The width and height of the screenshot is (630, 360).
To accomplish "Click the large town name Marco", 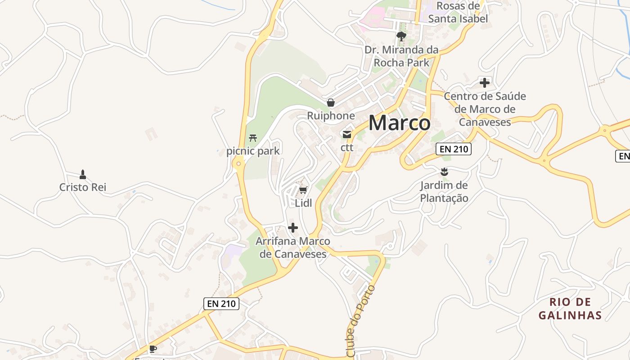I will pos(399,123).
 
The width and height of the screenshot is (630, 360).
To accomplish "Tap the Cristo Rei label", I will pos(83,187).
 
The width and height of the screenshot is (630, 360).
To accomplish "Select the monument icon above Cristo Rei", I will pos(83,174).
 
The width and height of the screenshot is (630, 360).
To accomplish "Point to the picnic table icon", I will pos(253,138).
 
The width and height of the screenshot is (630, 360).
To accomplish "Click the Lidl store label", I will pos(303,203).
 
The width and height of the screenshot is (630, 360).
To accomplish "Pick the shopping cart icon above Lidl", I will pos(303,190).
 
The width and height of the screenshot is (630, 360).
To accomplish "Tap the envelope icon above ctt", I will pos(347,134).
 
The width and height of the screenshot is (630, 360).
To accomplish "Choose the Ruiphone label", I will pos(331,116).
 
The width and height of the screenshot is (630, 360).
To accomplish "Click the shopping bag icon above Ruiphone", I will pos(331,103).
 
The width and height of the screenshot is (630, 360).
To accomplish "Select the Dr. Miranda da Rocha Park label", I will pos(401,56).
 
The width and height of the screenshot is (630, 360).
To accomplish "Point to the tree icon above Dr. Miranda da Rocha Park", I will pos(401,36).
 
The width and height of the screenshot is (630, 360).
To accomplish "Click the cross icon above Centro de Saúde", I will pos(485,83).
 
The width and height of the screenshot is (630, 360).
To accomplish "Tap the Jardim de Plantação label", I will pos(444,192).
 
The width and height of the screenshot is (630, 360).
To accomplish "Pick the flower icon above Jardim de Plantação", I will pos(445,171).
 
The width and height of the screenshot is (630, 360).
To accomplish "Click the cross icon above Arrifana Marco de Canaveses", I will pos(293,228).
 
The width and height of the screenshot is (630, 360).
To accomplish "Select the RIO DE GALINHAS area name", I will pos(570,308).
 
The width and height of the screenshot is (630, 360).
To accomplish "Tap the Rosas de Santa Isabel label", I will pos(458,13).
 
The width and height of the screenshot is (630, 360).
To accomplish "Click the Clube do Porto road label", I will pos(361,320).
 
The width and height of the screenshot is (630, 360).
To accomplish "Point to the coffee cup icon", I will pos(153,349).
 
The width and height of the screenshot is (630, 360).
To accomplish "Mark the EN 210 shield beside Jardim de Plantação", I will pos(453,149).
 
